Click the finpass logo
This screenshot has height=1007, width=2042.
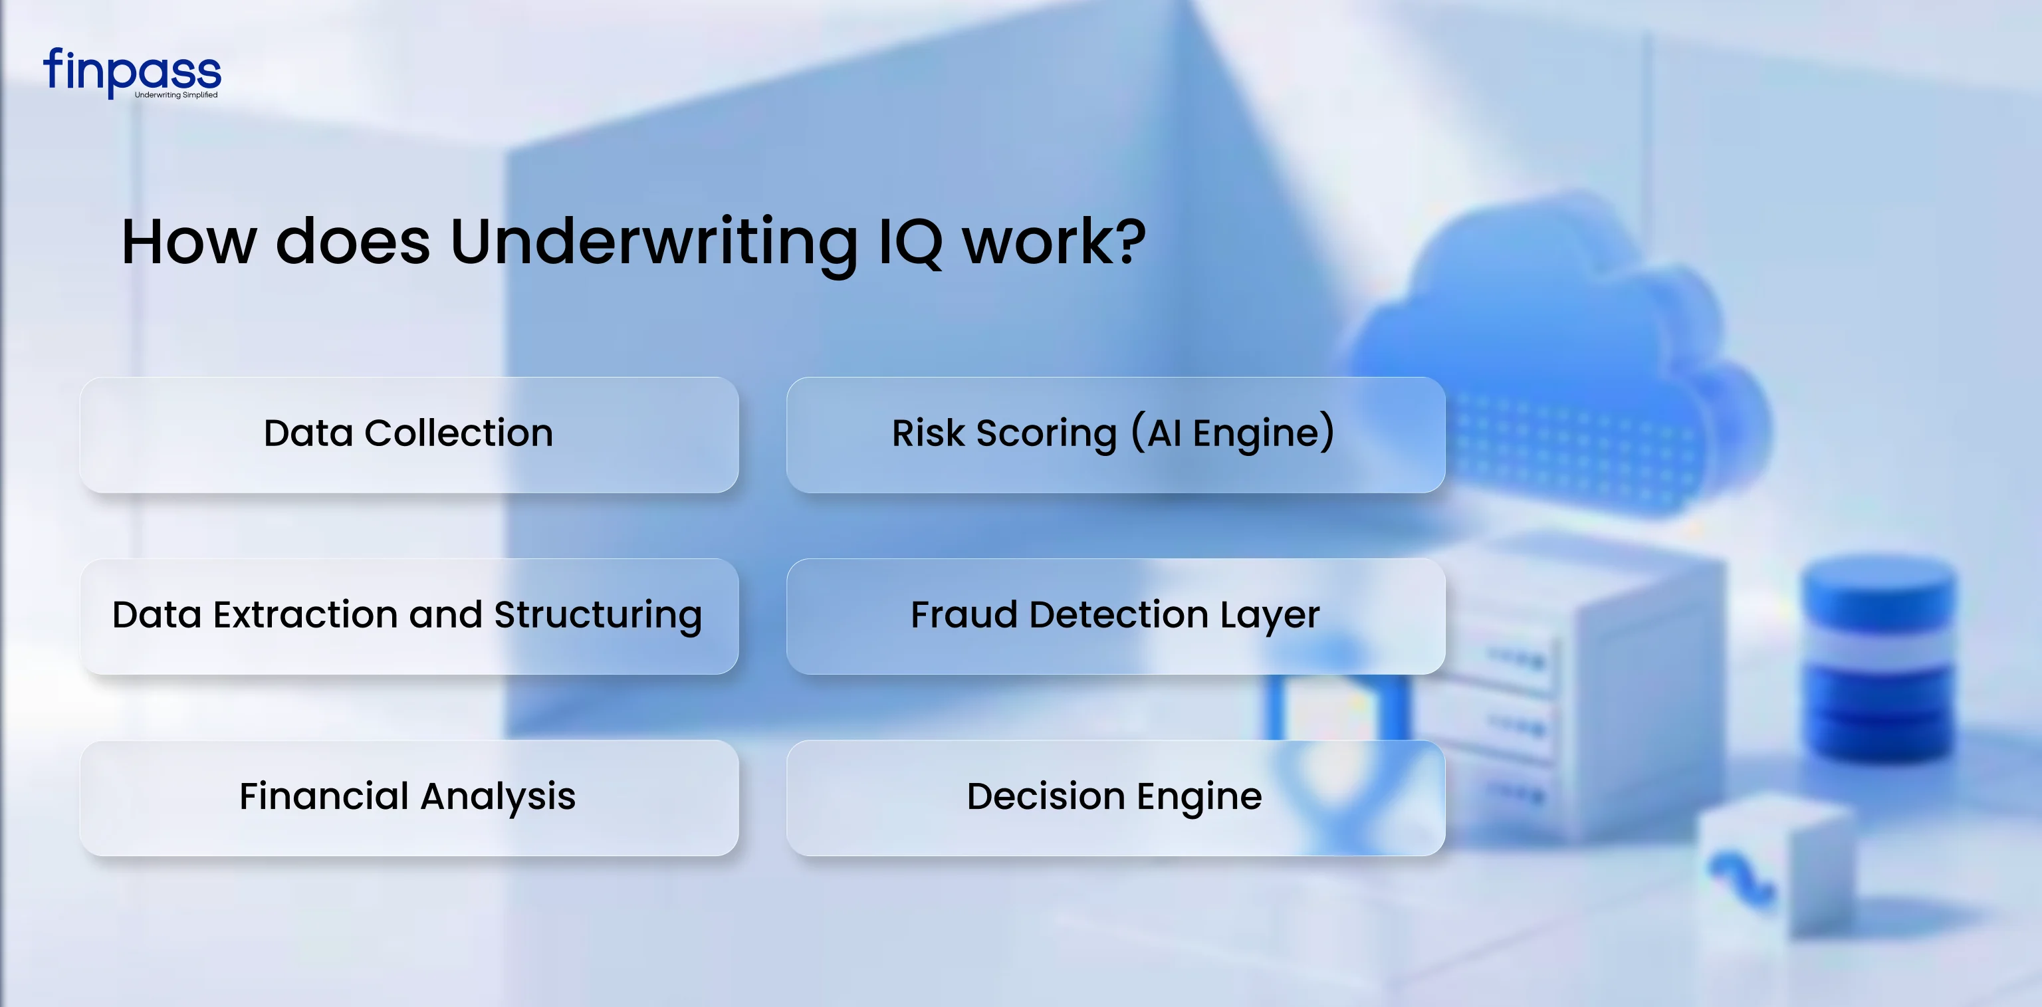[132, 70]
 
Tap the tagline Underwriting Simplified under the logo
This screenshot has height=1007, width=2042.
[176, 95]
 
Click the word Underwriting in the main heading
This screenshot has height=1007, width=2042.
[654, 243]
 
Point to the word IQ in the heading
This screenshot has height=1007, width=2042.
[910, 243]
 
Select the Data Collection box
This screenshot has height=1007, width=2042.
[409, 435]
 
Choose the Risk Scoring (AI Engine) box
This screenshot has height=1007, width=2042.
[1115, 435]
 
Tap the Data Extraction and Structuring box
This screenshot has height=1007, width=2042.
[409, 616]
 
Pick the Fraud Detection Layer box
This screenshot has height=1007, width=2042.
[1115, 616]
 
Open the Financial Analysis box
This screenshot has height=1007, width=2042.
[409, 798]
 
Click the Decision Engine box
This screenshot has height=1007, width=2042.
[1115, 798]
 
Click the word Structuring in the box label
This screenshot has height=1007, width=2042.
[598, 616]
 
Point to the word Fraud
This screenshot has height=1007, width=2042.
[963, 615]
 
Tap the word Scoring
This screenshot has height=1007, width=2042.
[1046, 435]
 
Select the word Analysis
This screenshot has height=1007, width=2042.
[498, 798]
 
